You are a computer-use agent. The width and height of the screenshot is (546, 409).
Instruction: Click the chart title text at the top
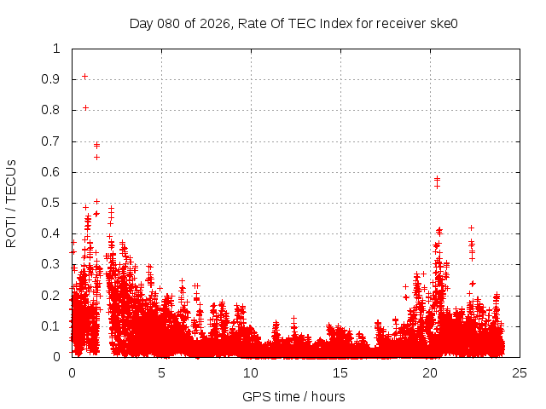click(293, 23)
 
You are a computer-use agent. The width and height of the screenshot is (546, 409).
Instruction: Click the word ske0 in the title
click(443, 23)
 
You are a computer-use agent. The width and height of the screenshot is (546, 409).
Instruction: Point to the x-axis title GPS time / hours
click(293, 396)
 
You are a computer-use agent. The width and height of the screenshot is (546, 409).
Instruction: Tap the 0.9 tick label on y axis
click(52, 79)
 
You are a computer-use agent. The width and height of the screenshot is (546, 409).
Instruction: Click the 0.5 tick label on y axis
click(52, 203)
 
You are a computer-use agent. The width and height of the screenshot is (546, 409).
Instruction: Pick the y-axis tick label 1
click(57, 49)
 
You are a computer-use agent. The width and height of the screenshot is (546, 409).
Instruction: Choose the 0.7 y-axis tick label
click(52, 141)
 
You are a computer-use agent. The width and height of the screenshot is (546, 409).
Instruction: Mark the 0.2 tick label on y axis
click(52, 296)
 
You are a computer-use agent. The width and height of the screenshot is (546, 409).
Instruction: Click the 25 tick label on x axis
click(520, 372)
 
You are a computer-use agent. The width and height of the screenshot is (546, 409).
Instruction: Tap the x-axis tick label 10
click(251, 372)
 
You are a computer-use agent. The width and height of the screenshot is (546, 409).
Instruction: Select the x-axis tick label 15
click(340, 372)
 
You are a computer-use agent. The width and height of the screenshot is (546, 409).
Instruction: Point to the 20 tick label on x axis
click(430, 372)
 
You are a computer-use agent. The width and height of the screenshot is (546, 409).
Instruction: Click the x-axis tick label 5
click(161, 372)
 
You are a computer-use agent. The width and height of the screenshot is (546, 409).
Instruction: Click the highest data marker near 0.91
click(84, 77)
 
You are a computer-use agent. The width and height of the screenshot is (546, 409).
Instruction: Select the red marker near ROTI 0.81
click(86, 107)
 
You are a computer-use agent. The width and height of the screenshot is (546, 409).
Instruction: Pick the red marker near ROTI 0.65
click(96, 157)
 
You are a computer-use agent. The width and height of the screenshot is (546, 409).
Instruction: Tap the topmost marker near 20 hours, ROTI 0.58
click(438, 179)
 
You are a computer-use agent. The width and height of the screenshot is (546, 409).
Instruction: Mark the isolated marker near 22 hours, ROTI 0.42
click(471, 228)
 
